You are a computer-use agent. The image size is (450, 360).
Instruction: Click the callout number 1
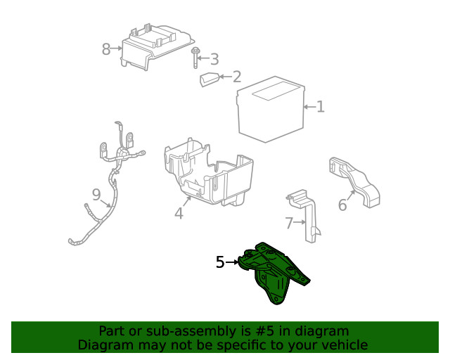(x=320, y=107)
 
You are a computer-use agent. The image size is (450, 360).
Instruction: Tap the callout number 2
(x=237, y=77)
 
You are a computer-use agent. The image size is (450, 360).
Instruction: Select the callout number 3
(x=214, y=60)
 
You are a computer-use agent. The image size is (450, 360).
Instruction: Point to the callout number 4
(x=179, y=213)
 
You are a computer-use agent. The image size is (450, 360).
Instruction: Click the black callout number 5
(x=220, y=262)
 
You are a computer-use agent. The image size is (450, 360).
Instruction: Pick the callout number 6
(x=342, y=205)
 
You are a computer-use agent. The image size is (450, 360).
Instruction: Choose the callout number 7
(x=289, y=224)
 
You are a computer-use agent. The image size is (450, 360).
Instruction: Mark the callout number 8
(x=106, y=49)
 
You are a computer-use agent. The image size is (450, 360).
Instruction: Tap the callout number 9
(x=96, y=193)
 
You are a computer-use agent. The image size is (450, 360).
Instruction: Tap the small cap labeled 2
(x=209, y=79)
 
